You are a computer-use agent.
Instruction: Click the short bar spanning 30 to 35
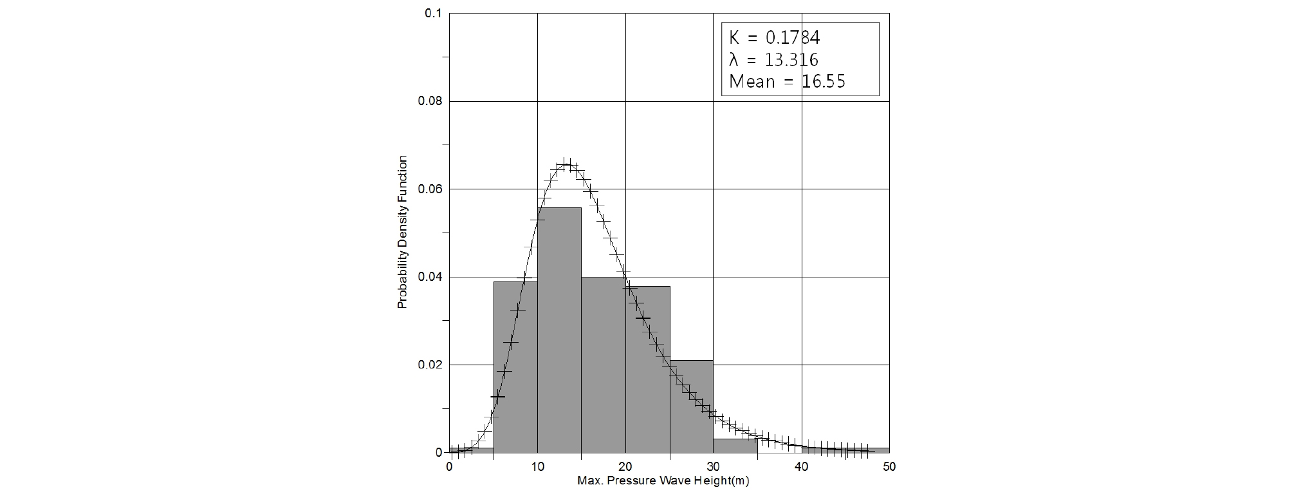coord(735,446)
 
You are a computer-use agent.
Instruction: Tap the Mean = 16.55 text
coord(787,82)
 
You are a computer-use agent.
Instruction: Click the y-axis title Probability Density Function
coord(402,232)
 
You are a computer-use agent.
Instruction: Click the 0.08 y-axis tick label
coord(430,102)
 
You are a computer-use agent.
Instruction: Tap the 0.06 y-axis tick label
coord(430,189)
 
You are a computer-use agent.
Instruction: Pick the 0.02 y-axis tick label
coord(430,365)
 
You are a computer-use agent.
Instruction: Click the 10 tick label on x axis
coord(537,467)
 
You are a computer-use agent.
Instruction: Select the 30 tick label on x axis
coord(714,467)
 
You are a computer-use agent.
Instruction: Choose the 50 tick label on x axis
coord(889,467)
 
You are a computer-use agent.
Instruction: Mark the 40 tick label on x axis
coord(801,467)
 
